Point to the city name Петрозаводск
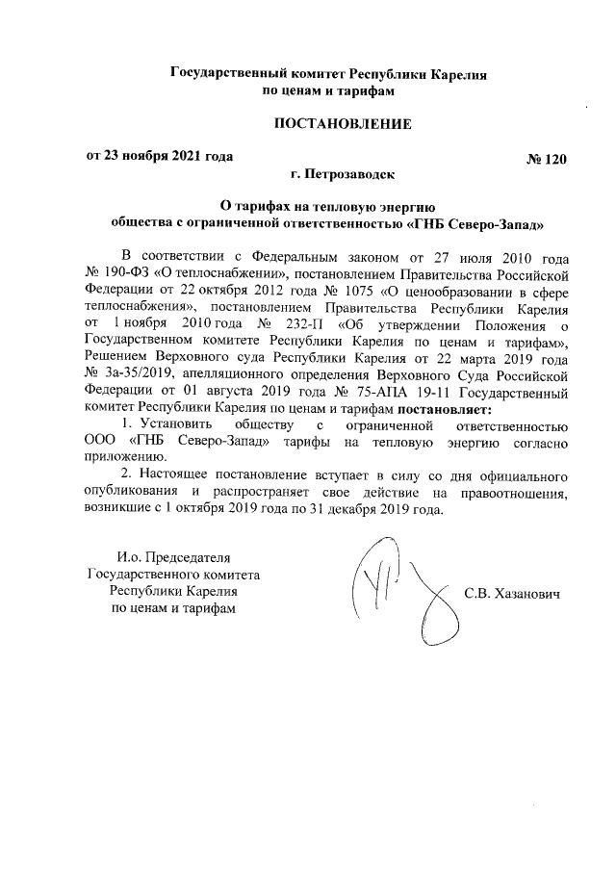click(341, 175)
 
